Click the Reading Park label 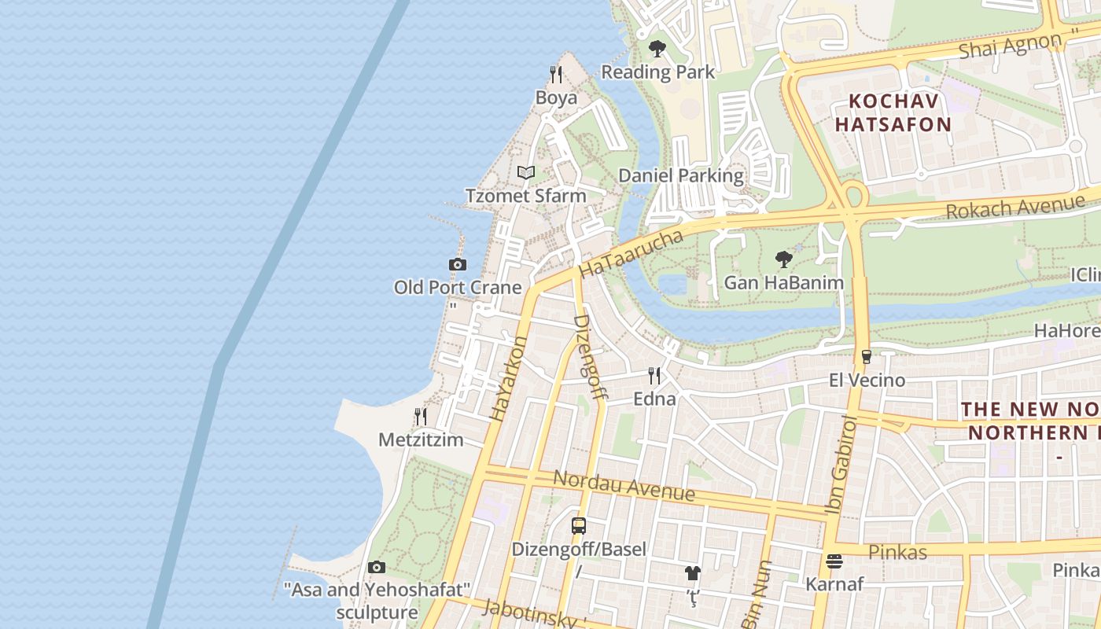click(658, 72)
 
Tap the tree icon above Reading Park click(657, 49)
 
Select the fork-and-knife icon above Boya click(556, 75)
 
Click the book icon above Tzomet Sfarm click(526, 172)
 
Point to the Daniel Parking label click(681, 175)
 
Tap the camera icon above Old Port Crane click(457, 264)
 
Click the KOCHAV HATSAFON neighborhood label click(893, 112)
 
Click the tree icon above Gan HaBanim click(783, 259)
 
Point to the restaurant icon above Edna click(654, 375)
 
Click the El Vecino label click(867, 381)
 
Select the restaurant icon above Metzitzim click(421, 416)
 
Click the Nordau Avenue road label click(624, 485)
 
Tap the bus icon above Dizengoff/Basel click(579, 526)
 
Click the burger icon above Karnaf click(834, 561)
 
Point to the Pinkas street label click(897, 552)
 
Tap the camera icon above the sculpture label click(377, 567)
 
